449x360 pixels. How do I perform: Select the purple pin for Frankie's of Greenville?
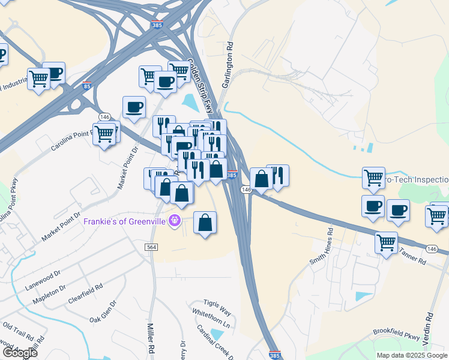click(x=175, y=221)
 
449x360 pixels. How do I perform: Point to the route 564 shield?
click(x=151, y=247)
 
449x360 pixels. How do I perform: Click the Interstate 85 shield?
click(x=86, y=85)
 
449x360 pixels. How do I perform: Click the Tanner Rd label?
click(x=412, y=262)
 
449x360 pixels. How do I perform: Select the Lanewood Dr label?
click(x=43, y=281)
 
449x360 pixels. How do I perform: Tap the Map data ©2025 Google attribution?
click(x=412, y=355)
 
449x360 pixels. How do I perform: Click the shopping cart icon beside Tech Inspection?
click(x=373, y=178)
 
